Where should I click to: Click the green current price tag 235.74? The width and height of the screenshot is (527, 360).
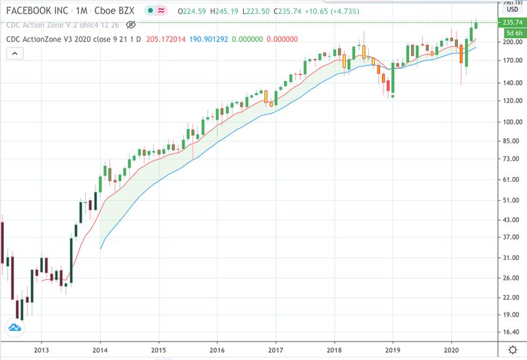point(512,22)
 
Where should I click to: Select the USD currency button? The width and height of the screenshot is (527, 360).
point(511,9)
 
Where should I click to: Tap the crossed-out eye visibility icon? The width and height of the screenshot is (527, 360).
point(130,24)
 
